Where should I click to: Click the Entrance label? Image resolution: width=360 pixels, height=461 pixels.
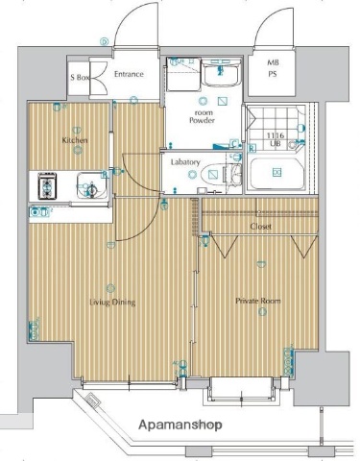[x=129, y=74]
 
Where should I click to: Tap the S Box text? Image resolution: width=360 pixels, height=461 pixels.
[x=80, y=77]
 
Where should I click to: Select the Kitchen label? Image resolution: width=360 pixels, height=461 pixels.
[x=75, y=140]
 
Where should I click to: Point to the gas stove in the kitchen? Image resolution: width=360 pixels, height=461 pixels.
[x=47, y=186]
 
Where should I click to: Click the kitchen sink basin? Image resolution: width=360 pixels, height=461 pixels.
[x=91, y=186]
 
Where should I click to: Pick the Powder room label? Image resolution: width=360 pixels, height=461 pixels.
[x=203, y=116]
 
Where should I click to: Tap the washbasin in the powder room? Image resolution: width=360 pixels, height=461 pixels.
[x=221, y=73]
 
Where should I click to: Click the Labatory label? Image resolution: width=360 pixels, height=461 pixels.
[x=185, y=162]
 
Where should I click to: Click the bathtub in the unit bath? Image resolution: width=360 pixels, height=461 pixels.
[x=276, y=174]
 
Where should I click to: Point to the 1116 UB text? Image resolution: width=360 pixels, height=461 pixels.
[x=276, y=139]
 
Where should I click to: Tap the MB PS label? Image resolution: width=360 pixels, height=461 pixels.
[x=273, y=68]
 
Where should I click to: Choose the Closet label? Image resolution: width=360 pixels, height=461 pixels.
[x=261, y=227]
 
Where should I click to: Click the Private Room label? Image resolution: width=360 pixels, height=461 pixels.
[x=258, y=301]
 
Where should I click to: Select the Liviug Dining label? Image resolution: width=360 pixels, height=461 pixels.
[x=112, y=303]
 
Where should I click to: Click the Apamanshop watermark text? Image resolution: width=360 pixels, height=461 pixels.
[x=180, y=425]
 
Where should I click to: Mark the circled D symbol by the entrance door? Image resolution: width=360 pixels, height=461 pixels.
[x=104, y=41]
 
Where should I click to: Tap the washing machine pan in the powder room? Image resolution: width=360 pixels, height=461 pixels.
[x=183, y=74]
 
